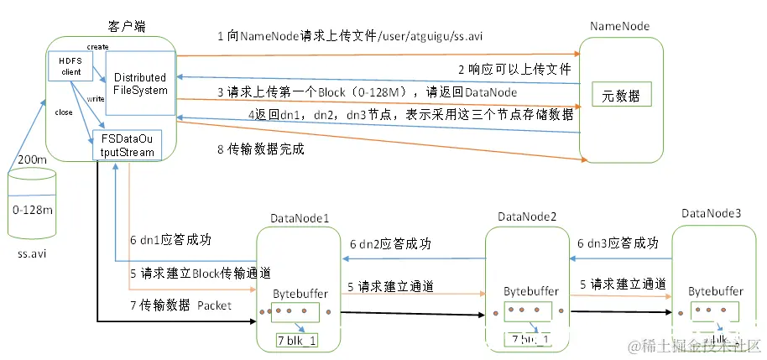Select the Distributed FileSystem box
[x=140, y=83]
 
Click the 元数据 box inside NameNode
[x=621, y=96]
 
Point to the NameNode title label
[x=619, y=27]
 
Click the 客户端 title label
[x=123, y=27]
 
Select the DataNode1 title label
[x=300, y=217]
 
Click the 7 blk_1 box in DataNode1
[x=298, y=340]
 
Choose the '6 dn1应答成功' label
[x=175, y=239]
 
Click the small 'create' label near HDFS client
[x=97, y=46]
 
